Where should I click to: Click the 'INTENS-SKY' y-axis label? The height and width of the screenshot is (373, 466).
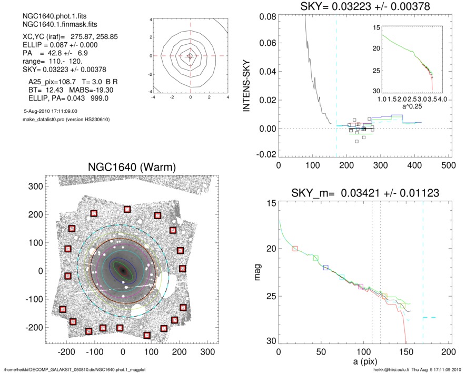(246, 84)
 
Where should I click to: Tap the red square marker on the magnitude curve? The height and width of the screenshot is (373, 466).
(295, 248)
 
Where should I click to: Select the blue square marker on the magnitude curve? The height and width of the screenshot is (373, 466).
(325, 268)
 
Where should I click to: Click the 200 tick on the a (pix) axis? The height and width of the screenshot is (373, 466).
(448, 352)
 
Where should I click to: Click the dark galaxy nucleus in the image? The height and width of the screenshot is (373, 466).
(123, 270)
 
